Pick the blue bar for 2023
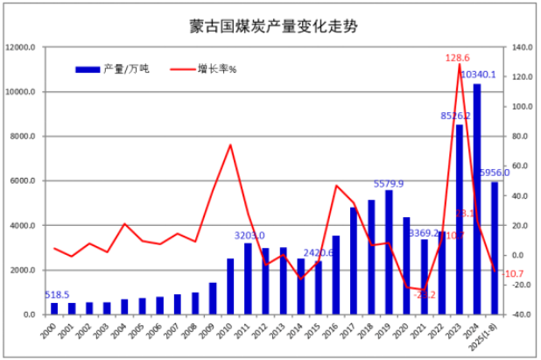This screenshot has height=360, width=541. (460, 219)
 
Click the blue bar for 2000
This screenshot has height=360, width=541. (54, 308)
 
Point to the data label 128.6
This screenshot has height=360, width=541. (457, 57)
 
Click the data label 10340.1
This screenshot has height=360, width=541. (478, 74)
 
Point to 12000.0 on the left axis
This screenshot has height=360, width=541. (22, 47)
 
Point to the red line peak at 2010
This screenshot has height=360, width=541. (230, 145)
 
